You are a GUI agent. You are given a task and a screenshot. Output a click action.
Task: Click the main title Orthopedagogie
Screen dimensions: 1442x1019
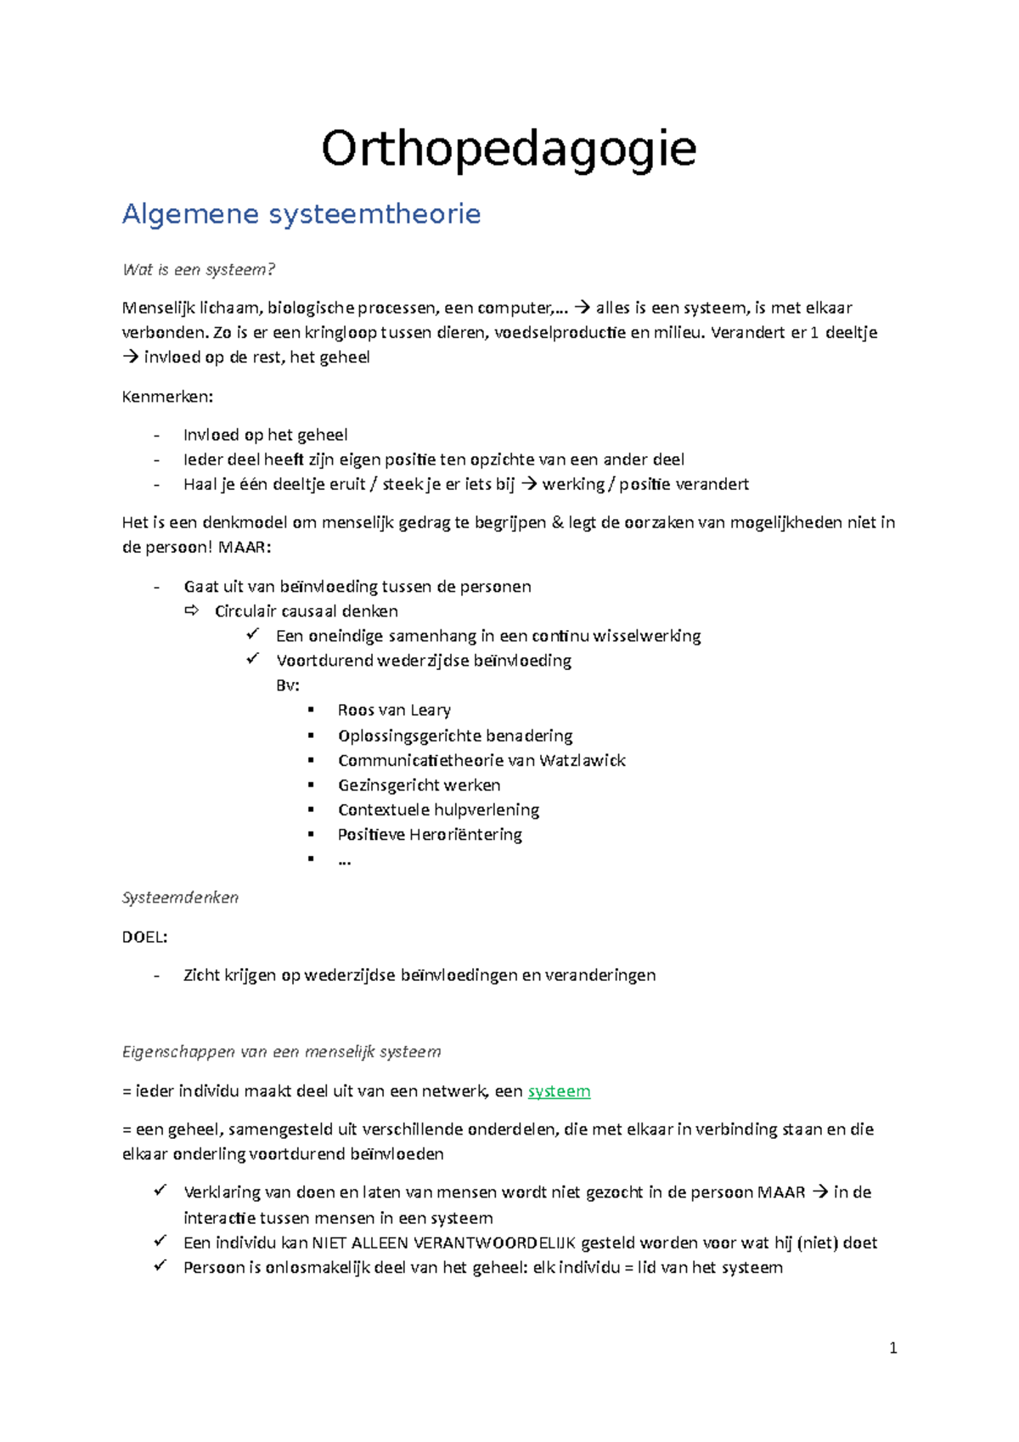tap(509, 149)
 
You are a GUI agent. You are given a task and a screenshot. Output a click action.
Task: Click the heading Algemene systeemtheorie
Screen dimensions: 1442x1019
tap(301, 214)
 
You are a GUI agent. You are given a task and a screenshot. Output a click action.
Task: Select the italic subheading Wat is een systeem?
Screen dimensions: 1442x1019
tap(199, 270)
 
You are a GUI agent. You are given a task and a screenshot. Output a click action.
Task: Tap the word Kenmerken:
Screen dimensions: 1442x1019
tap(167, 397)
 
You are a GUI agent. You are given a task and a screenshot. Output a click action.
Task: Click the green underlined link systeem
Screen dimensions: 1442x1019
tap(559, 1091)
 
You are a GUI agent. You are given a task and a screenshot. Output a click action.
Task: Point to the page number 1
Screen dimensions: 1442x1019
tap(892, 1348)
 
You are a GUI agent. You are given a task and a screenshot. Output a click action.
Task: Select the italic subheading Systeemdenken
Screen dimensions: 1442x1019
tap(180, 898)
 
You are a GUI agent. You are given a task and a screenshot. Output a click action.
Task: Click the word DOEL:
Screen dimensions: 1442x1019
tap(144, 937)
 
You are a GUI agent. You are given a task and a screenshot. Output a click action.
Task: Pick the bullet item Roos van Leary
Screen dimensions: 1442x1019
tap(394, 710)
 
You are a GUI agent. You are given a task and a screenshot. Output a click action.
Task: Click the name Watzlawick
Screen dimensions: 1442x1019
tap(582, 760)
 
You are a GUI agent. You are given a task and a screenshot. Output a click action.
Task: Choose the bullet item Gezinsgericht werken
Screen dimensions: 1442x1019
tap(419, 785)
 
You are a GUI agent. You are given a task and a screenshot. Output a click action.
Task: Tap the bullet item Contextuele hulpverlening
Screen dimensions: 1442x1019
tap(438, 809)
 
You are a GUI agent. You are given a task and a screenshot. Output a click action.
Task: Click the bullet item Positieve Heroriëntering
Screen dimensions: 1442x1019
tap(430, 834)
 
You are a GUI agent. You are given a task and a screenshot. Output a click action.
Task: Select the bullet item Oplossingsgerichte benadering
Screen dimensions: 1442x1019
tap(455, 735)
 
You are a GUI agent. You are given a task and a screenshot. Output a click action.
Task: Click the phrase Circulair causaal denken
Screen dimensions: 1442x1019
tap(306, 611)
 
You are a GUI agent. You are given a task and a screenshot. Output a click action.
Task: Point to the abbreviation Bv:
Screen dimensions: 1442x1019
tap(287, 685)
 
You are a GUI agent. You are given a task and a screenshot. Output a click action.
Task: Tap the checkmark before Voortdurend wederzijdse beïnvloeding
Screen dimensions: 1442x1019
tap(252, 659)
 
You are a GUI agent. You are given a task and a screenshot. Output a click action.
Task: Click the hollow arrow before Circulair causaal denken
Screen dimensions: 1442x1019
tap(191, 611)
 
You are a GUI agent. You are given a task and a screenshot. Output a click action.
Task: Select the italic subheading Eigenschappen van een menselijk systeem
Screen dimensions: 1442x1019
tap(281, 1052)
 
